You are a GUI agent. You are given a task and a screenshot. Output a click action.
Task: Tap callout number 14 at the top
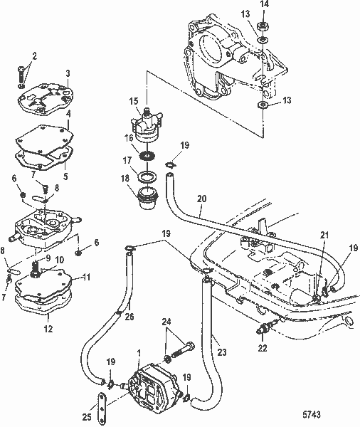(x=264, y=5)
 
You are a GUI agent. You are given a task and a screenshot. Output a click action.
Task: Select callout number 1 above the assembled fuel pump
(x=137, y=352)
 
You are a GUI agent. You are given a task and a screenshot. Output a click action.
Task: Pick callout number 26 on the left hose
(x=129, y=317)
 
